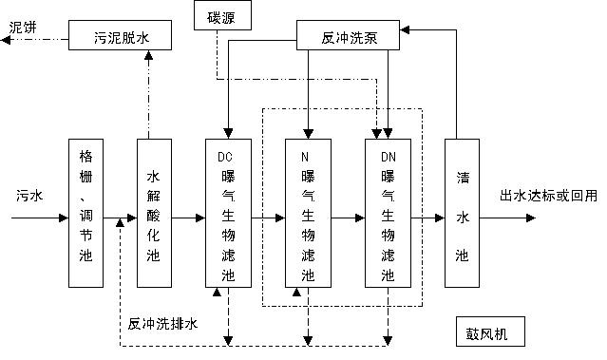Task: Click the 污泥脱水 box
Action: (120, 38)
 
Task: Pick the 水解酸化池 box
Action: (154, 213)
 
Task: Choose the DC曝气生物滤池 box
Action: (228, 213)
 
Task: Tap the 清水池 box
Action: (462, 213)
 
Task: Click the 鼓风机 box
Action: (488, 334)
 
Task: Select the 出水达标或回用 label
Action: (549, 196)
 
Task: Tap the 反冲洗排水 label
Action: (162, 324)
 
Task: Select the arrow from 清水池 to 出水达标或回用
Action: (513, 218)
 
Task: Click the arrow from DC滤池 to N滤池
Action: (268, 218)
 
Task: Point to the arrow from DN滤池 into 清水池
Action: (427, 218)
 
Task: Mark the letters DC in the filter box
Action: (225, 157)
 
